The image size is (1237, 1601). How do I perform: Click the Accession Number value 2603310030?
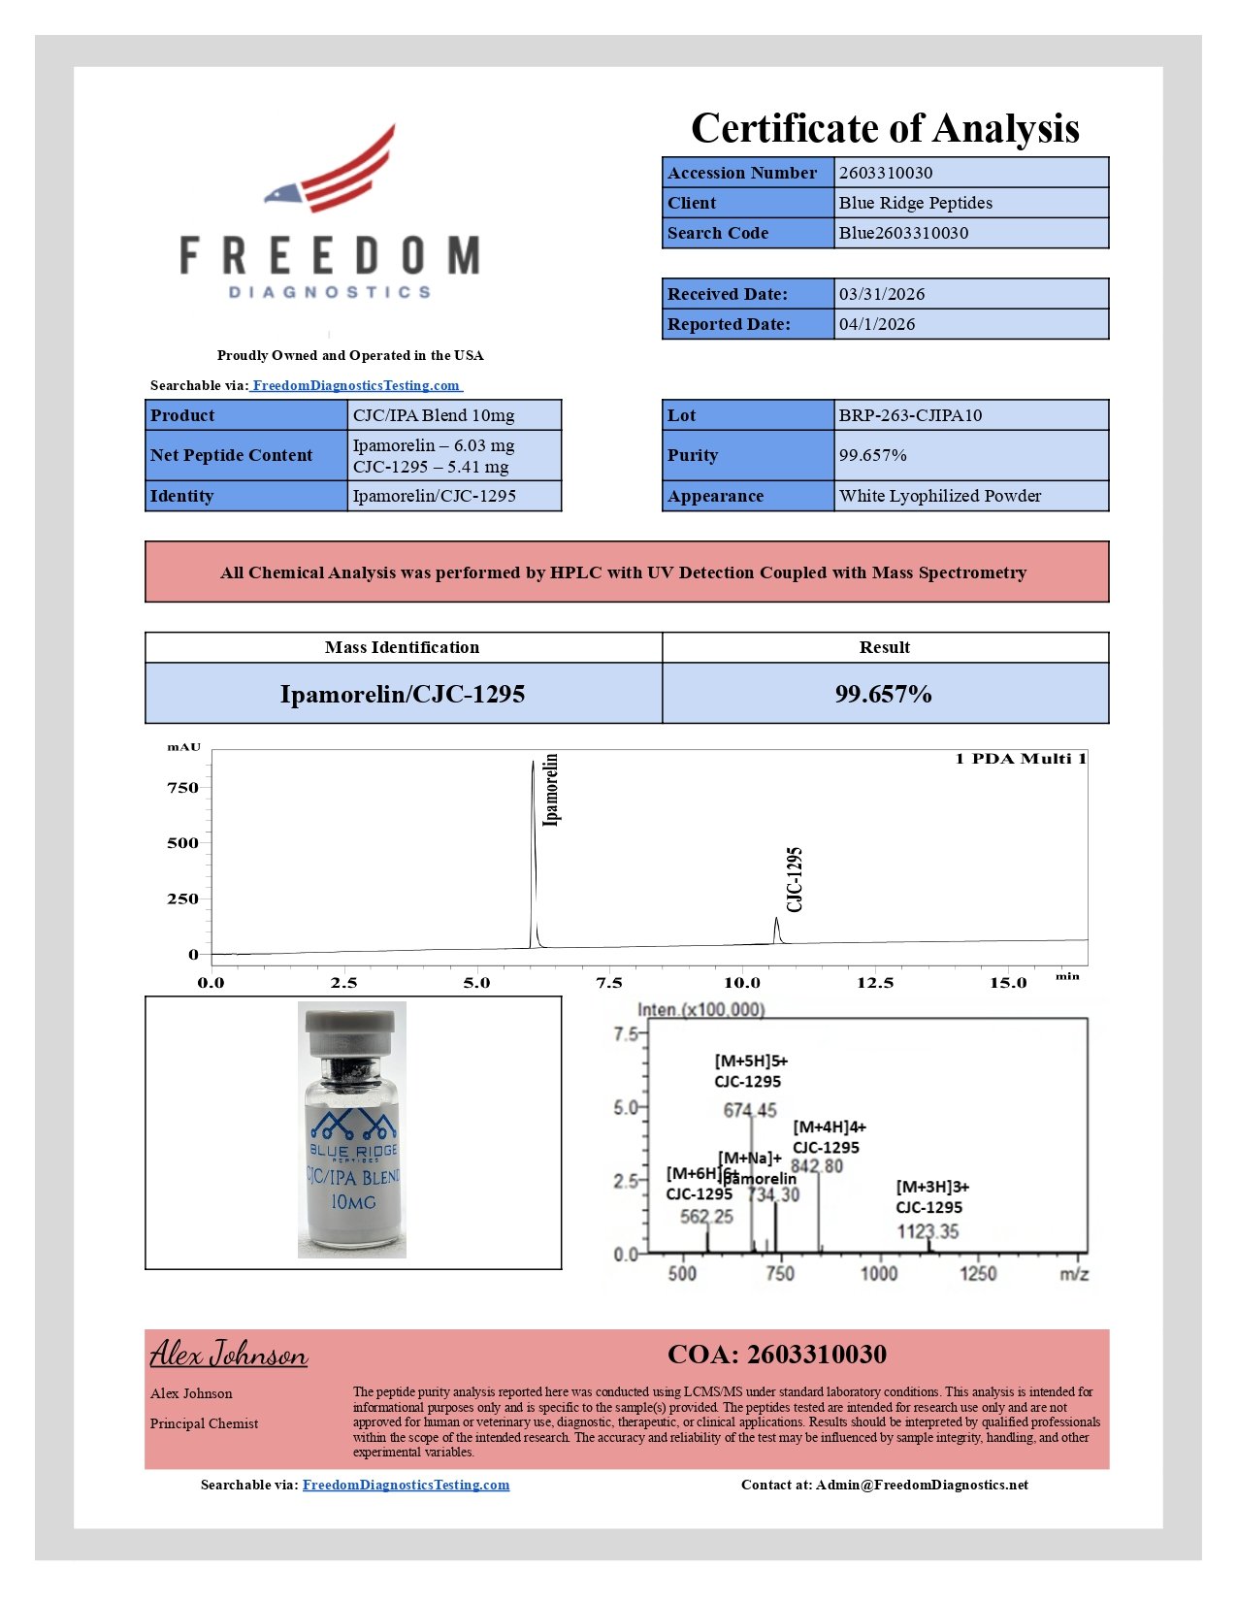pyautogui.click(x=886, y=173)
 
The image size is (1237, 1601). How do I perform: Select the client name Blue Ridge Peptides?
pyautogui.click(x=915, y=203)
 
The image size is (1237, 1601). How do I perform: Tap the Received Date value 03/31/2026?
pyautogui.click(x=881, y=294)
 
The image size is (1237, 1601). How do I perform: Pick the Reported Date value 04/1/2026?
pyautogui.click(x=876, y=324)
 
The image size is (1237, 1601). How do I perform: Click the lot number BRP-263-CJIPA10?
pyautogui.click(x=910, y=415)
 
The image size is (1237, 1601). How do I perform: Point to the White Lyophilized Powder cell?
pyautogui.click(x=939, y=496)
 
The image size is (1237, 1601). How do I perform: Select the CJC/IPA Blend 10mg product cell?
pyautogui.click(x=434, y=415)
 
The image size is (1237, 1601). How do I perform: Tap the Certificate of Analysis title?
pyautogui.click(x=885, y=128)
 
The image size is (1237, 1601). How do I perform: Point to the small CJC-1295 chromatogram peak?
pyautogui.click(x=776, y=930)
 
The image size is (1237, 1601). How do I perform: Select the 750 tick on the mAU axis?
pyautogui.click(x=182, y=788)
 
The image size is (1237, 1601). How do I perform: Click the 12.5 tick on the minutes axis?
pyautogui.click(x=875, y=983)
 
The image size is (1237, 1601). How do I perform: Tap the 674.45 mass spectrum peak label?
pyautogui.click(x=750, y=1111)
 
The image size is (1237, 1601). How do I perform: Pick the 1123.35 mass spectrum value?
pyautogui.click(x=928, y=1232)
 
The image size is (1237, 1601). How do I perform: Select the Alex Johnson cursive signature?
pyautogui.click(x=229, y=1354)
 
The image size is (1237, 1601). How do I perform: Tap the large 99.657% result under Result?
pyautogui.click(x=883, y=694)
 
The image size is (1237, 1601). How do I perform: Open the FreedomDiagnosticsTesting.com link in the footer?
pyautogui.click(x=406, y=1485)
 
